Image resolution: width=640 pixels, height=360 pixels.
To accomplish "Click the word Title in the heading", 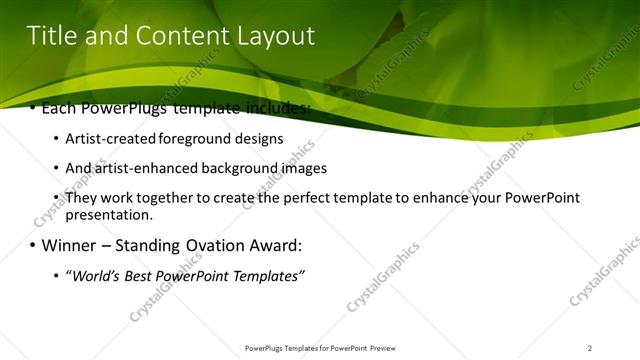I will (x=50, y=37).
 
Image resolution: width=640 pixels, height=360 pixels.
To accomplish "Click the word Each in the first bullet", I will (x=60, y=107).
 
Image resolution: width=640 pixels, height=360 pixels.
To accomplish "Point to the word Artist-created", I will (x=112, y=139).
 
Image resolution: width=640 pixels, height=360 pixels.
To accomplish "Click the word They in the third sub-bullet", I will (x=82, y=198).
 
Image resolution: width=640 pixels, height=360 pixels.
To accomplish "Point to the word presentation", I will (x=109, y=214).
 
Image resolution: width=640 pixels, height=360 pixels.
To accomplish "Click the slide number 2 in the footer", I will (x=590, y=348).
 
